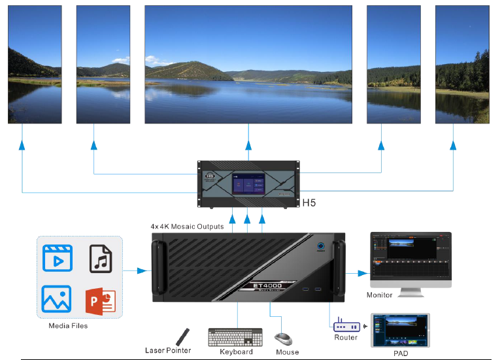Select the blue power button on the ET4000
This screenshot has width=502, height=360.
click(322, 247)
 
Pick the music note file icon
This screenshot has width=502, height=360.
click(101, 259)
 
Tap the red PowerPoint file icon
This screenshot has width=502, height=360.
click(101, 299)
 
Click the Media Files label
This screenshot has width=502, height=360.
click(68, 325)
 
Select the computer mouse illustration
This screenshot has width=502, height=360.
click(283, 339)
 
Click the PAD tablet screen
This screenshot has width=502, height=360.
click(400, 331)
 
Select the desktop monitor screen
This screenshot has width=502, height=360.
click(410, 255)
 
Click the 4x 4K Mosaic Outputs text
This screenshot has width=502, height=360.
click(187, 227)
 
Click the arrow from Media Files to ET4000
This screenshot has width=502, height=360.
click(137, 269)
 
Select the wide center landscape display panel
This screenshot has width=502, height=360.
click(248, 64)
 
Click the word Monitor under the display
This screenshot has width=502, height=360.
click(379, 295)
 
